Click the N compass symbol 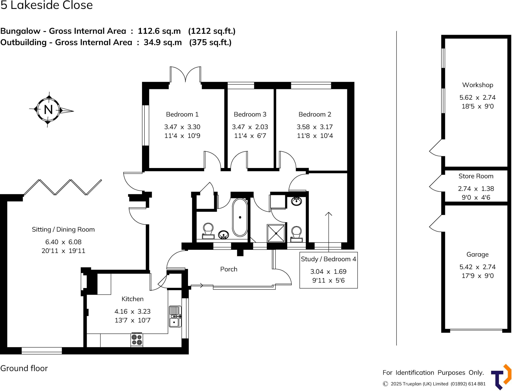coord(48,110)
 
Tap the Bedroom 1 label coord(182,114)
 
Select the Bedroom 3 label coord(250,114)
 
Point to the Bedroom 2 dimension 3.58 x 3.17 coord(315,127)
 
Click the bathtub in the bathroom coord(240,217)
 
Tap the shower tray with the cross coord(276,233)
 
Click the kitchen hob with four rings coord(137,340)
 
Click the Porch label coord(229,269)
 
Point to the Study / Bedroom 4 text coord(328,259)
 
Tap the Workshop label coord(477,85)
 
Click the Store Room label coord(476,176)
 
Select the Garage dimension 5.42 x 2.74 coord(477,267)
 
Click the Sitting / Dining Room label coord(63,229)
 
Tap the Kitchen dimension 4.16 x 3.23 coord(132,311)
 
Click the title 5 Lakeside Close coord(46,5)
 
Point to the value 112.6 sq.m coord(159,31)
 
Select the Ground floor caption coord(24,368)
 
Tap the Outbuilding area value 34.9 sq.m coord(163,42)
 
